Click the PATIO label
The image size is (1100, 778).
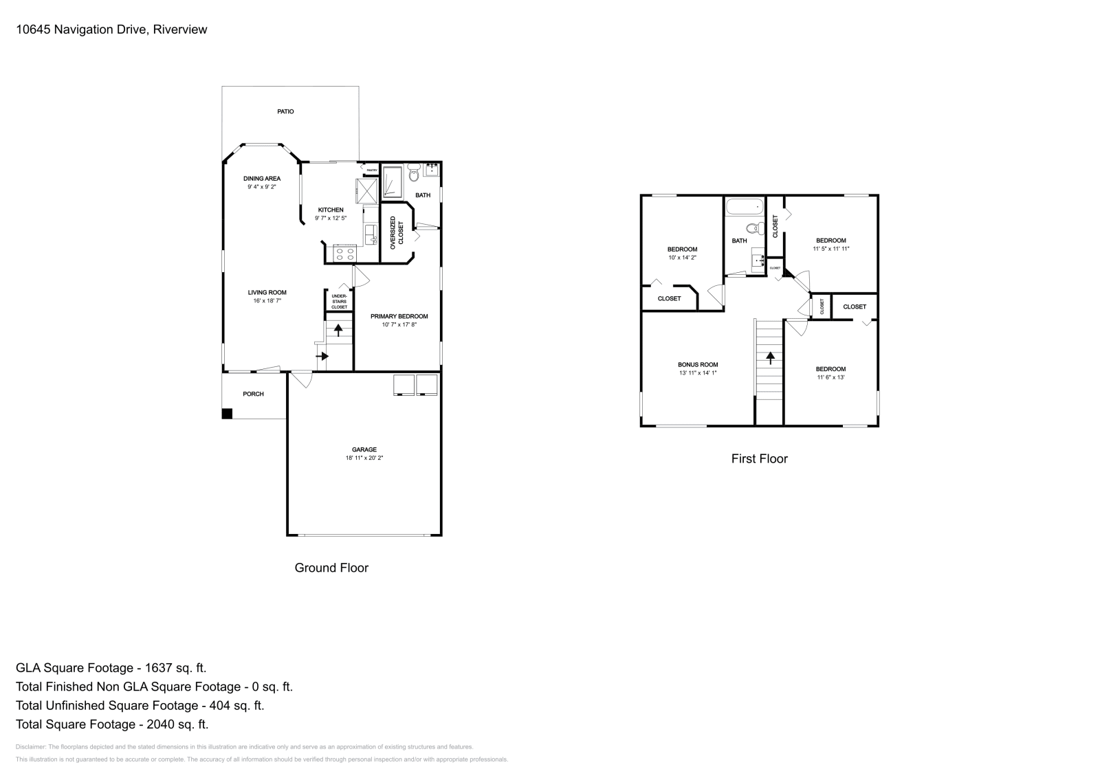coord(285,111)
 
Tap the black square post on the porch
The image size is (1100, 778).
coord(227,414)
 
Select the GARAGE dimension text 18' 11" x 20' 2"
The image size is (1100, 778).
coord(364,458)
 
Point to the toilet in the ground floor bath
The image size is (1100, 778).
coord(413,175)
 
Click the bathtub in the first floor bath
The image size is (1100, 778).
coord(744,205)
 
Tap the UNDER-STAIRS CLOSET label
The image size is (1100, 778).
coord(339,302)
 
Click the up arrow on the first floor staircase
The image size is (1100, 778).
coord(770,357)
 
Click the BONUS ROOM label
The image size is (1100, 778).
coord(697,365)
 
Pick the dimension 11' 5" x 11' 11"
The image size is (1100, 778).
coord(830,249)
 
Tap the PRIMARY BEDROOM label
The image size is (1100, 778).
coord(399,317)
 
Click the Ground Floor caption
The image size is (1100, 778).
coord(331,568)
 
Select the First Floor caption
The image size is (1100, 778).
coord(759,458)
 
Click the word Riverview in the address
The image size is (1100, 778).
coord(180,30)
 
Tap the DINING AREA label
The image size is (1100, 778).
coord(261,179)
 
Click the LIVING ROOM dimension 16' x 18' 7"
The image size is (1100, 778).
coord(267,301)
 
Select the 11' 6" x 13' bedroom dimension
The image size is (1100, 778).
coord(830,377)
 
